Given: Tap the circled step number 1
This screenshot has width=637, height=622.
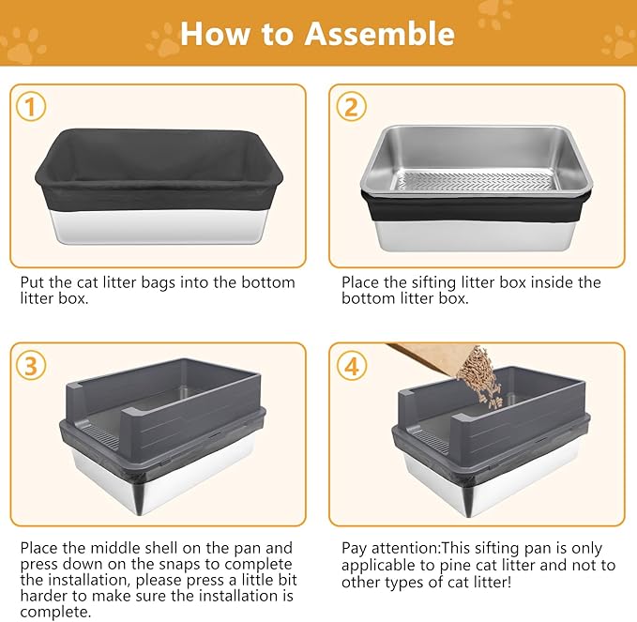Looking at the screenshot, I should click(x=32, y=106).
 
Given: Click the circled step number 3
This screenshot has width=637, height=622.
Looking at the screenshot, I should click(x=32, y=365).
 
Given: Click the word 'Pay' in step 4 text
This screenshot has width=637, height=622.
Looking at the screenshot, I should click(x=356, y=548).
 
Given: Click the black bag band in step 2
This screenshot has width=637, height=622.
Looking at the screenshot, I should click(x=478, y=208).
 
